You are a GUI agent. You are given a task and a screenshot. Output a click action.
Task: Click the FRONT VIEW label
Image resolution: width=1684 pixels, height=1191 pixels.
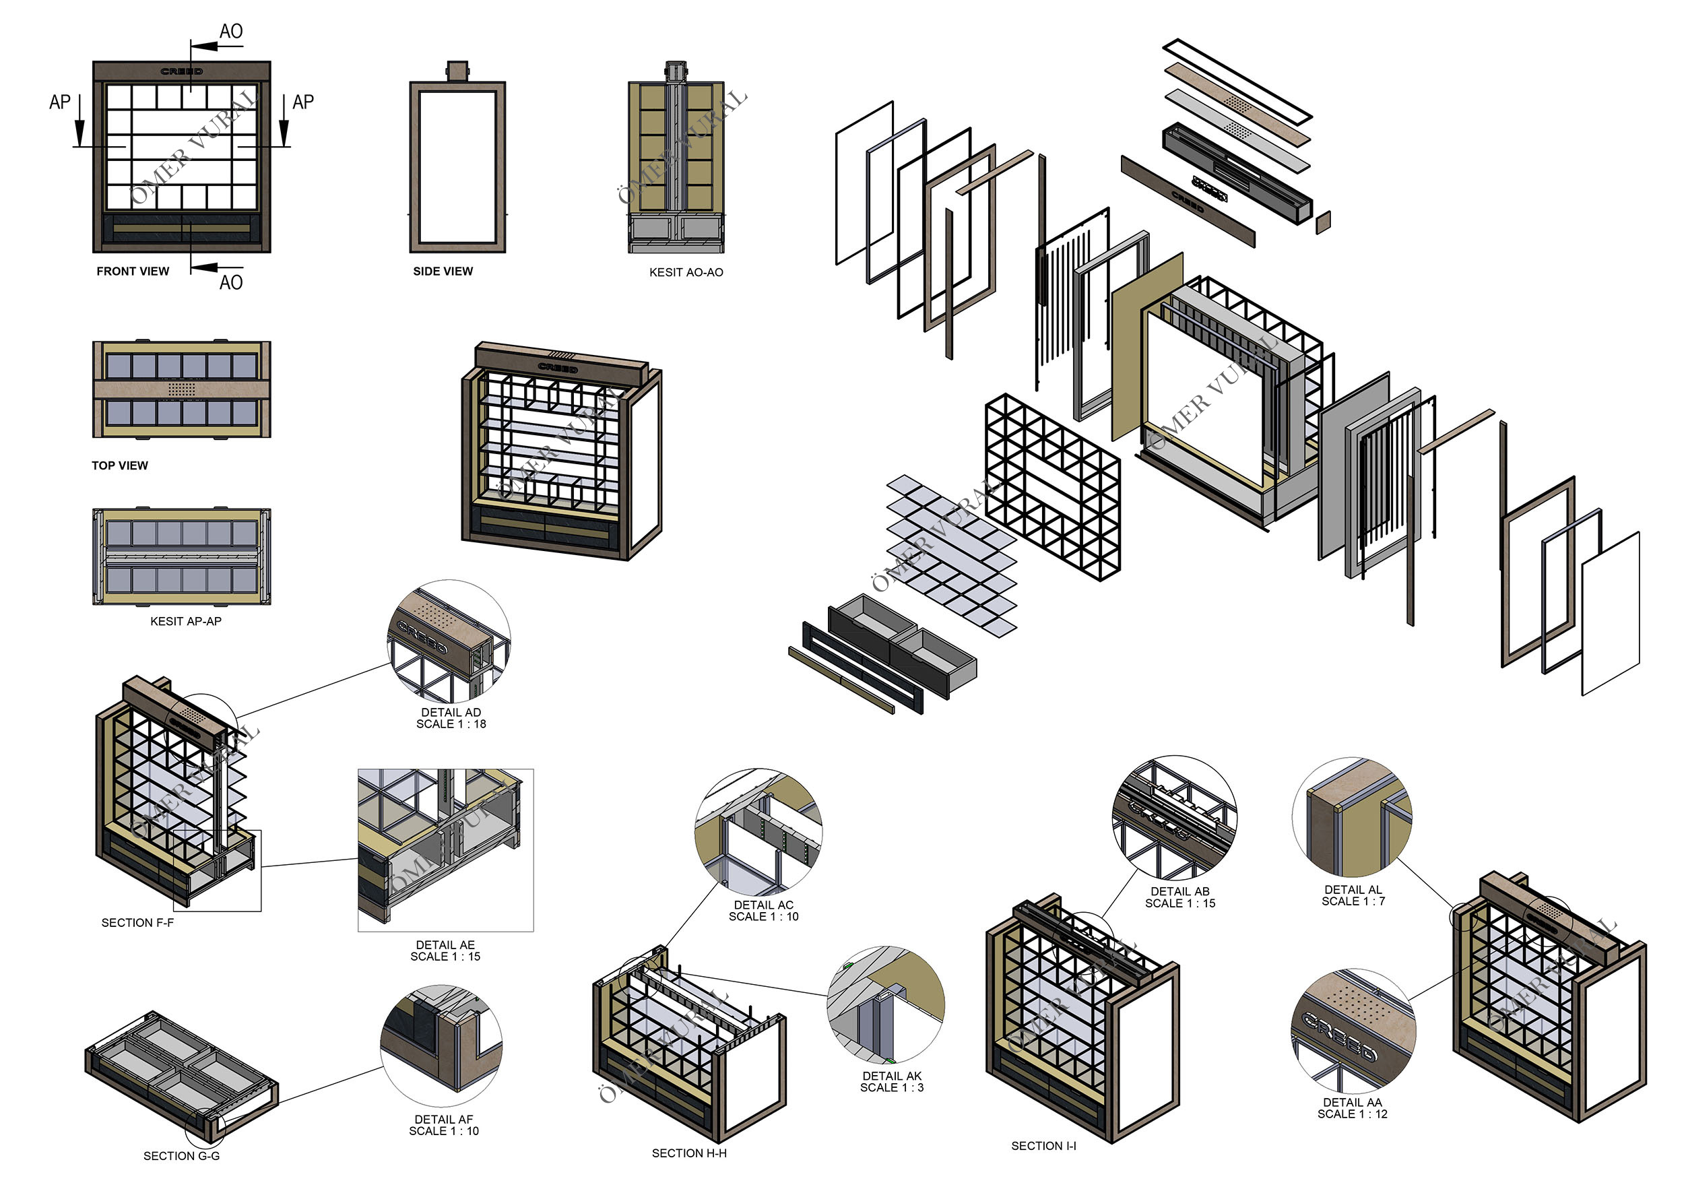coord(133,271)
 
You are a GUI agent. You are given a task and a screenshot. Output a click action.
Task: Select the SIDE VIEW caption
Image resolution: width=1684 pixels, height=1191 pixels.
coord(443,271)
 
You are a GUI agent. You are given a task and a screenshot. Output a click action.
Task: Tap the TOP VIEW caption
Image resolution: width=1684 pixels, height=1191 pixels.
coord(119,465)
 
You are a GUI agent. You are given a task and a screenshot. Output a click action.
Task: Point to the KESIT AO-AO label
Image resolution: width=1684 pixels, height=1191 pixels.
coord(686,273)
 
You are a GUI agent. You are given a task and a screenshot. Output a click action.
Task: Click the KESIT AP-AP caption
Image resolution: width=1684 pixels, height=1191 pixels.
coord(185,621)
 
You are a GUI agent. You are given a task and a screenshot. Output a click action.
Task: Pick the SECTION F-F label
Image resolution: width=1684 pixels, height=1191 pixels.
coord(137,923)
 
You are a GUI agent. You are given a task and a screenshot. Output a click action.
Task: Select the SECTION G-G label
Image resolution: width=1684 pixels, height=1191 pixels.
coord(181,1156)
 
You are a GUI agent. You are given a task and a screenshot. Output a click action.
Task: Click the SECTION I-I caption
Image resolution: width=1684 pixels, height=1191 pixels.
coord(1043,1146)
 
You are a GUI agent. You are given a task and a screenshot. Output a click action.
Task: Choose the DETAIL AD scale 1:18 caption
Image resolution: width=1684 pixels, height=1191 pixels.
coord(451,718)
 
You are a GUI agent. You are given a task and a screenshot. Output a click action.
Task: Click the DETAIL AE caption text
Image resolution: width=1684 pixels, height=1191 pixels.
coord(445,951)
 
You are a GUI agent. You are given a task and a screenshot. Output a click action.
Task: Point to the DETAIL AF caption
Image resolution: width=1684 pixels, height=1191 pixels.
coord(444,1125)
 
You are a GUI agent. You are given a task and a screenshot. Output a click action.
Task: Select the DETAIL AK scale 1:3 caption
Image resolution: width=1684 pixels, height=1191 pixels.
coord(892,1082)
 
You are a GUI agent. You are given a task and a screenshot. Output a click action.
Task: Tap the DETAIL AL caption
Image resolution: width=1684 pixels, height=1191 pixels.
coord(1353,895)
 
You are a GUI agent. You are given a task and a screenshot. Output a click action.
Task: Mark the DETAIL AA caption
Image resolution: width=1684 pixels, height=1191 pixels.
coord(1353,1108)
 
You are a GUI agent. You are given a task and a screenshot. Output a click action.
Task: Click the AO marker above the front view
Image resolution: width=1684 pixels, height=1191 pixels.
coord(230,32)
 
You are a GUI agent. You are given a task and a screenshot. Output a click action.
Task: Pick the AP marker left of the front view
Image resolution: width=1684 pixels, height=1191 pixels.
coord(60,102)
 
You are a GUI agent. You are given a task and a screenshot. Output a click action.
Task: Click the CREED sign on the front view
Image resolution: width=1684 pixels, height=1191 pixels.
coord(182,71)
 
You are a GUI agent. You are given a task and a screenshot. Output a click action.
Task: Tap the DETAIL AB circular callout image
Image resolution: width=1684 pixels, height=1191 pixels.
coord(1174,818)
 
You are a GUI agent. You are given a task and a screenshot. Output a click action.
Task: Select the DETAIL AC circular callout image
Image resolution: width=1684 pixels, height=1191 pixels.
coord(758,832)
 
